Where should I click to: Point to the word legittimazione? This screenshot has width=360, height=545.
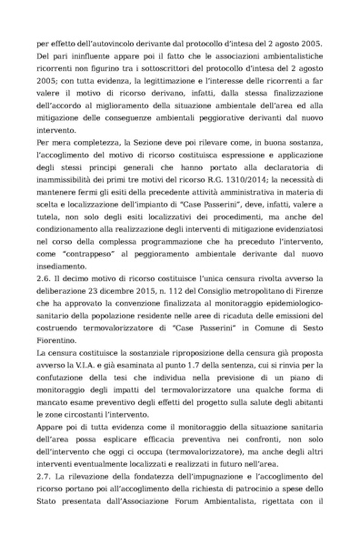186,88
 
